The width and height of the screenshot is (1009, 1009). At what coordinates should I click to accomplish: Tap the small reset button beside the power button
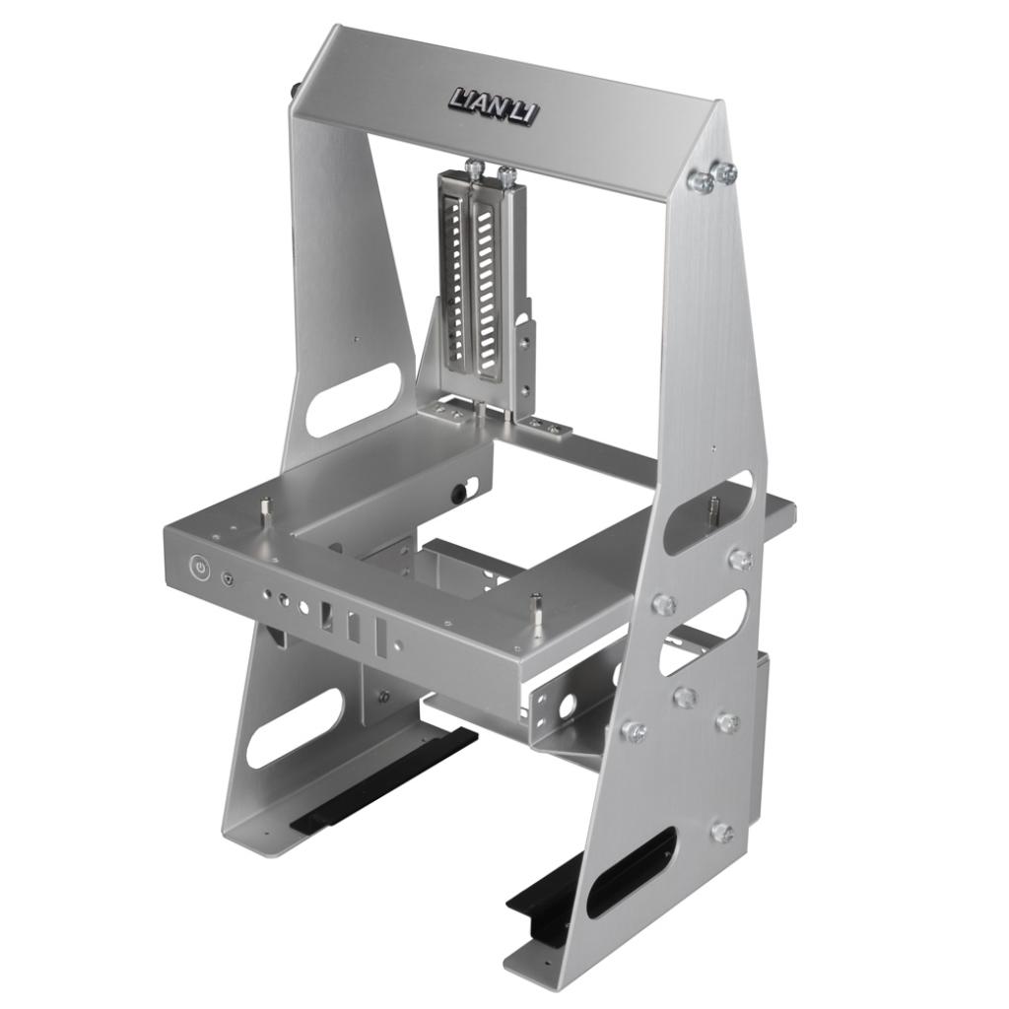pyautogui.click(x=227, y=579)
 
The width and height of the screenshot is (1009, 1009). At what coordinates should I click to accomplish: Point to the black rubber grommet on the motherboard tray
pyautogui.click(x=460, y=494)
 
